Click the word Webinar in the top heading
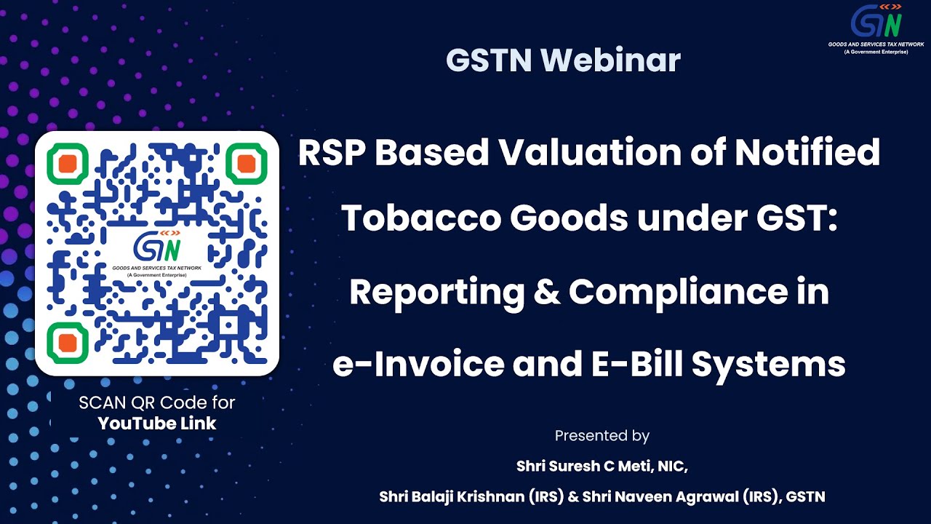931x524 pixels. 611,60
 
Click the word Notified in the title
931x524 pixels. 807,153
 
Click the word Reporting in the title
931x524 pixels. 436,293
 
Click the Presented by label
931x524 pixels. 602,436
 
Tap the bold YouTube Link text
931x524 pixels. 157,424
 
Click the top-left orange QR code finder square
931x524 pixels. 68,163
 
